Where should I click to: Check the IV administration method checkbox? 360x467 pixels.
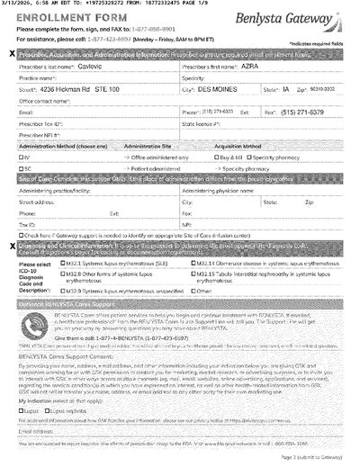[21, 157]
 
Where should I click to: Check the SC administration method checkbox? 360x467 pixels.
[21, 167]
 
